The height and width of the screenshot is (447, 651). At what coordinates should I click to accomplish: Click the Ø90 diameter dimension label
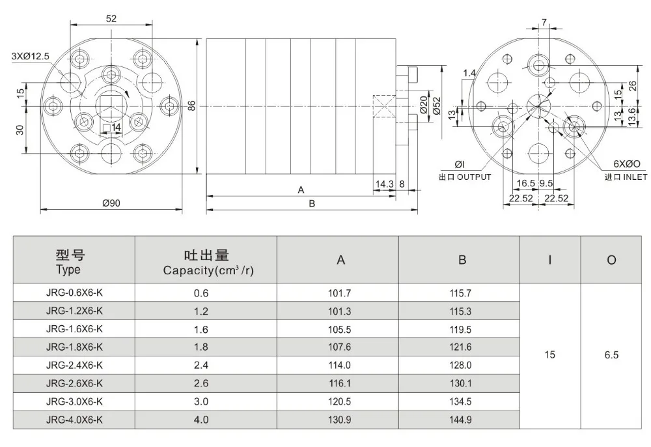(x=111, y=203)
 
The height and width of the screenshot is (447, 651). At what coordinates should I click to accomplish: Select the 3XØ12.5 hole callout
(x=30, y=56)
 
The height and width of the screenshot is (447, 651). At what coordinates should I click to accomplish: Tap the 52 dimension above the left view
(x=111, y=19)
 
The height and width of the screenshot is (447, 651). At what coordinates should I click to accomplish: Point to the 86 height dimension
(x=191, y=106)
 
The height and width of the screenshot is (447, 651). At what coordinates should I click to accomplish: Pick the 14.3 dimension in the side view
(x=384, y=184)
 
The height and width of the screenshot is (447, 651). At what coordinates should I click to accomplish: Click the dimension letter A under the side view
(x=301, y=190)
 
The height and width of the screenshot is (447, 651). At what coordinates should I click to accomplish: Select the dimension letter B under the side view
(x=311, y=203)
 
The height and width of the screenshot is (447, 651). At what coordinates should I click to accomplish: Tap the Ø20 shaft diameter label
(x=422, y=106)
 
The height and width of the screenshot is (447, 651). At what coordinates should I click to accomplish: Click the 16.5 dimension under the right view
(x=526, y=184)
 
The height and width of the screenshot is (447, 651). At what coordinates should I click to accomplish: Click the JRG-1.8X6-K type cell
(x=74, y=347)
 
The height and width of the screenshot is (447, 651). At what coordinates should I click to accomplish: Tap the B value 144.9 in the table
(x=460, y=420)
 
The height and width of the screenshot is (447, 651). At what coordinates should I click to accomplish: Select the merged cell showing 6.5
(x=611, y=356)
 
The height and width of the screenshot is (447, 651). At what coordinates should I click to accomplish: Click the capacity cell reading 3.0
(x=201, y=401)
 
